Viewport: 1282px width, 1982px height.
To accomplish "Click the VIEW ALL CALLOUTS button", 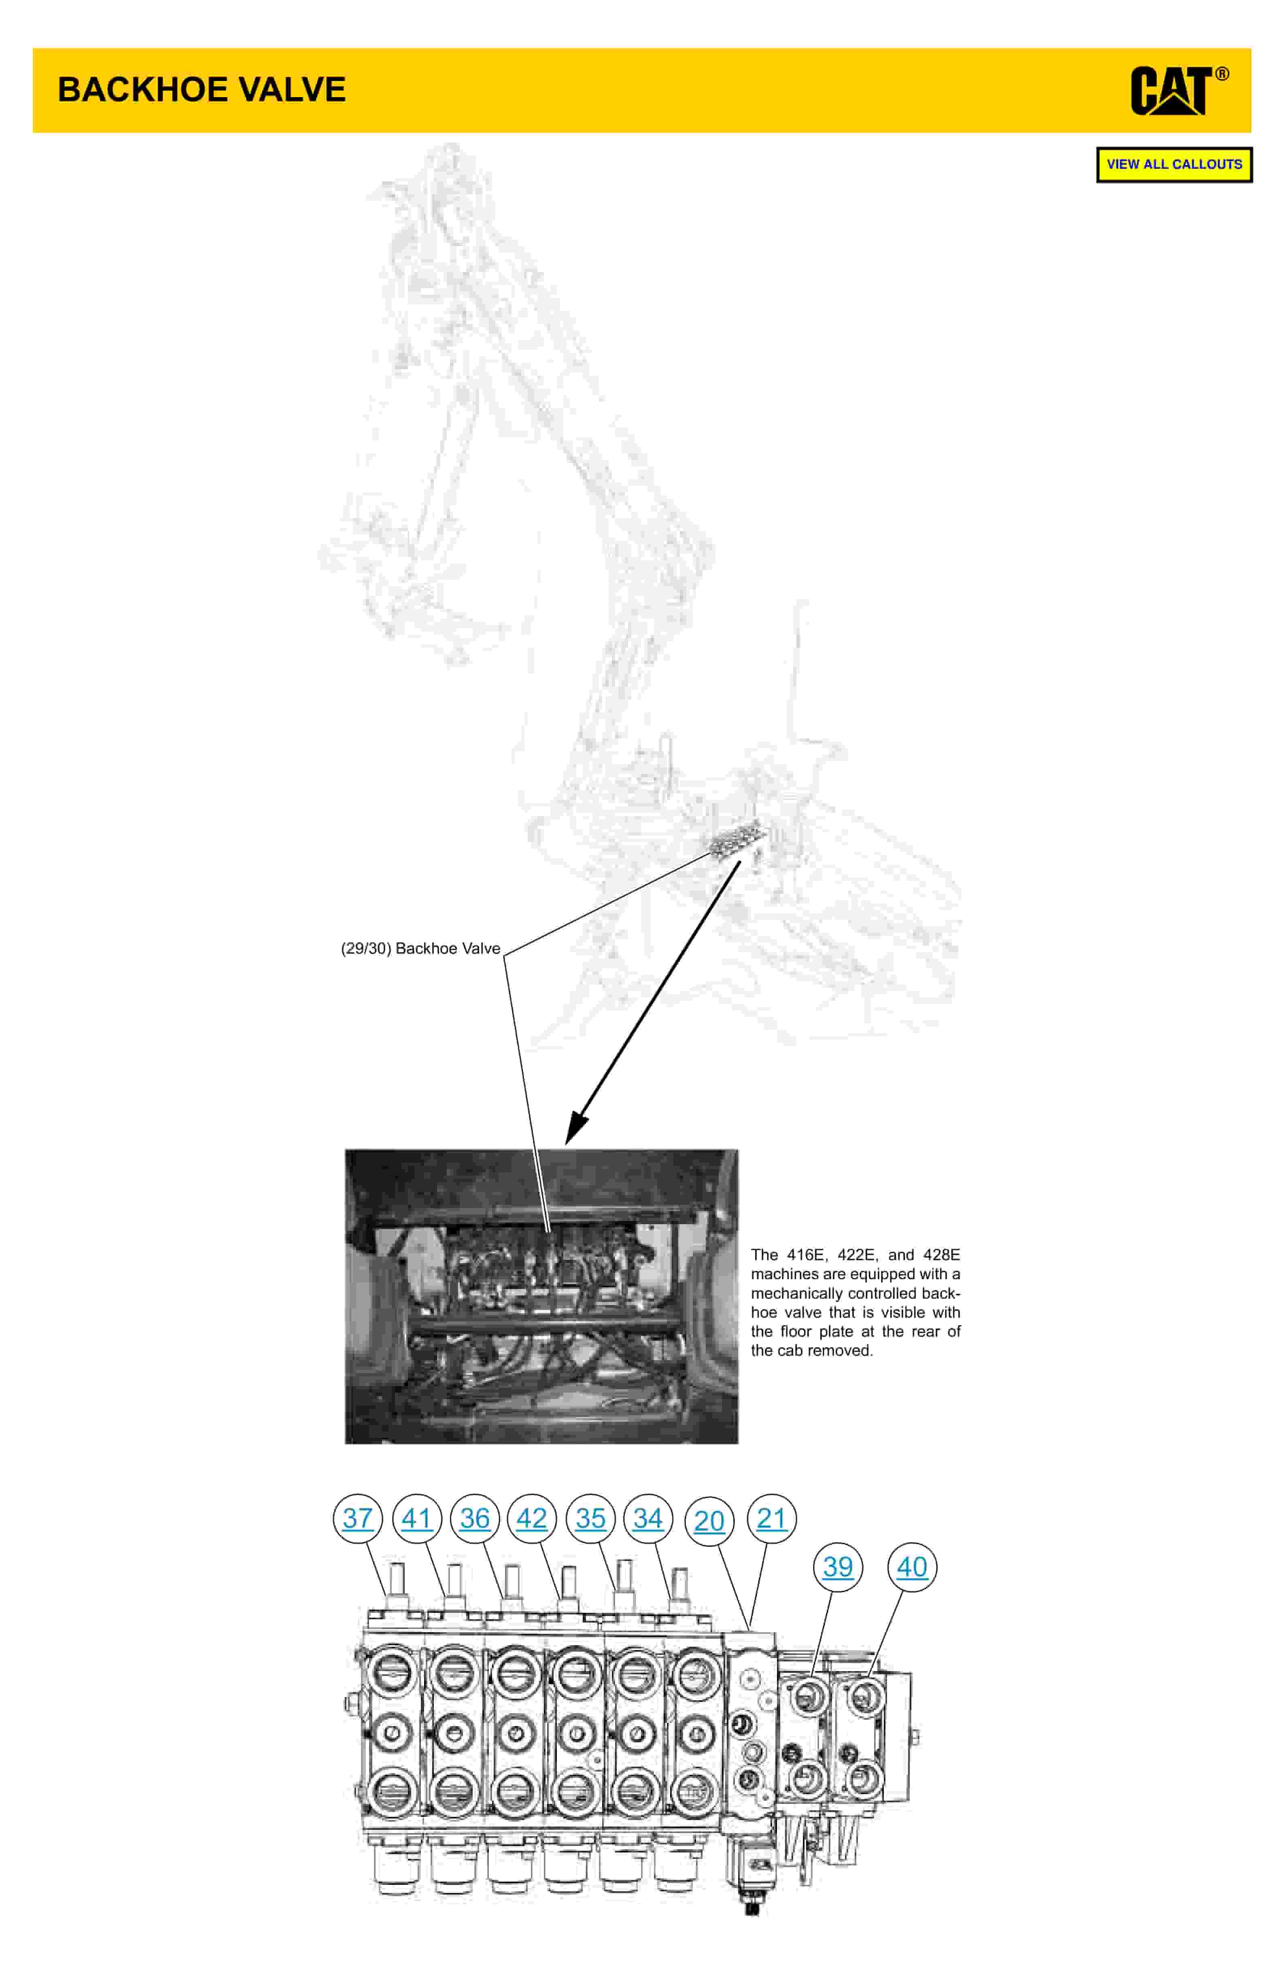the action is click(x=1174, y=164).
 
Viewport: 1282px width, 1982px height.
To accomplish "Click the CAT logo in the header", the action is click(x=1170, y=91).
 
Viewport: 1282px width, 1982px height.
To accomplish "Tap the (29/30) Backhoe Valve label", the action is click(x=420, y=948).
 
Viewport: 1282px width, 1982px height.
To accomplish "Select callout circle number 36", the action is click(x=475, y=1518).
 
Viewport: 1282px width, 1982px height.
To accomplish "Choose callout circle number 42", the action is click(x=532, y=1518).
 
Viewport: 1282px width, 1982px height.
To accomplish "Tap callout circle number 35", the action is click(x=590, y=1518).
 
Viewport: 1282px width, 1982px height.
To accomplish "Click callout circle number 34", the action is click(x=647, y=1518).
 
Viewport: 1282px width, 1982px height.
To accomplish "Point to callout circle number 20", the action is click(x=709, y=1521).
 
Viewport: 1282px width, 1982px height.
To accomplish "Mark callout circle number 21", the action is click(x=772, y=1518).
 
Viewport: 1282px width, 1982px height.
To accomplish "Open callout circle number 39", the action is click(x=837, y=1566).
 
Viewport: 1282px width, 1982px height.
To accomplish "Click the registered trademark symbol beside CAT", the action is click(x=1222, y=74).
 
